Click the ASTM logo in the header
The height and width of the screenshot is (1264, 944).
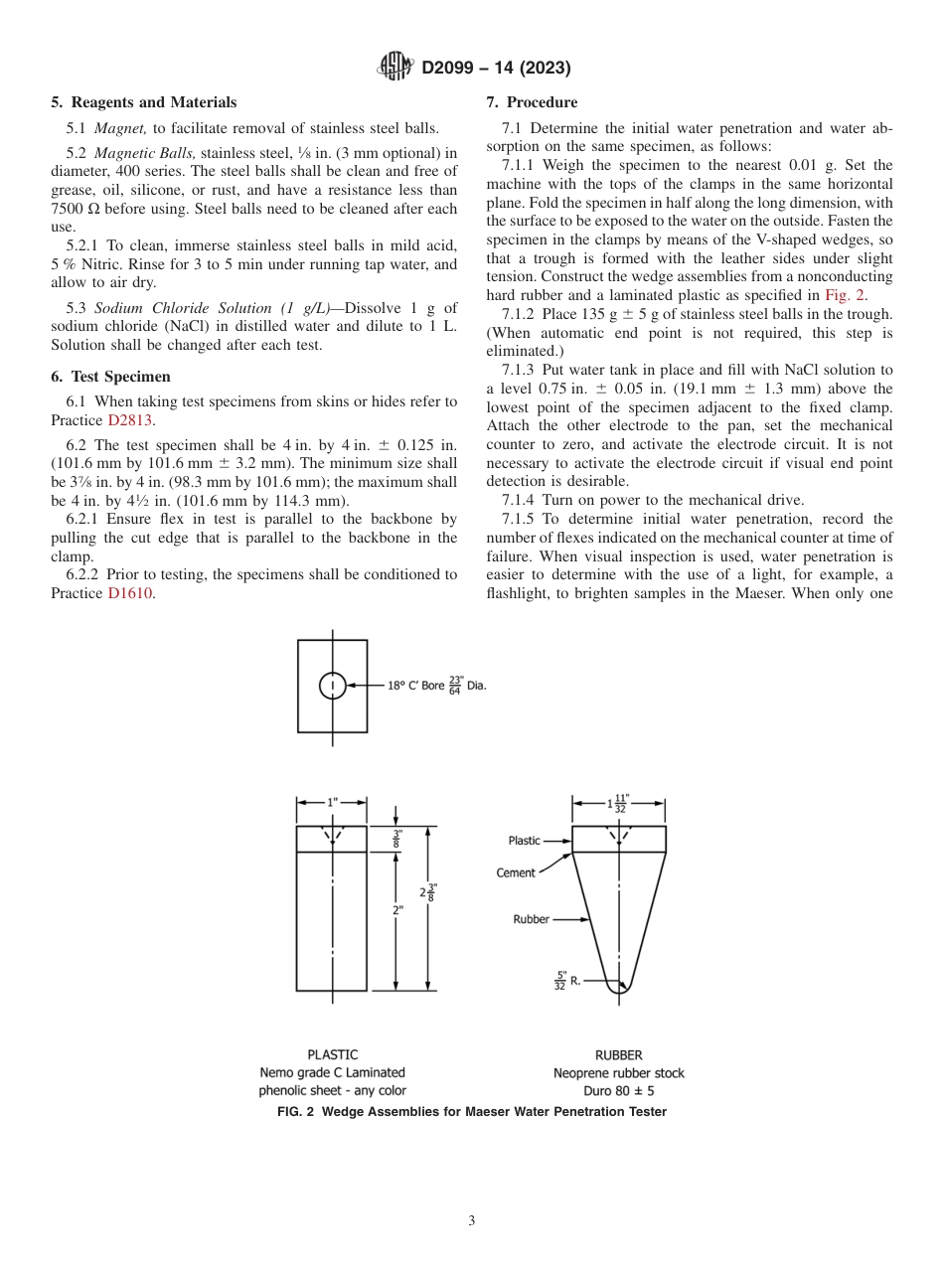point(396,68)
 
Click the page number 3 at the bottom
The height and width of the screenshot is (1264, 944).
point(472,1220)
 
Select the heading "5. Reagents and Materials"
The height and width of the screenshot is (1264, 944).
point(144,102)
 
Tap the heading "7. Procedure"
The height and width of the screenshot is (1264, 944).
point(532,102)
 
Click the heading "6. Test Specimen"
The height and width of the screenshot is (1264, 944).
point(110,377)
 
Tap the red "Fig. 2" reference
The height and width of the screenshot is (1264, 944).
point(846,295)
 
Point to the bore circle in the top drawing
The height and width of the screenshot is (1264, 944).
point(332,686)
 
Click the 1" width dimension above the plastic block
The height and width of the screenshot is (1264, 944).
point(332,802)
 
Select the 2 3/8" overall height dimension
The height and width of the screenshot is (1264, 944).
point(428,892)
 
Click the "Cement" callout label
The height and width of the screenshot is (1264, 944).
point(516,872)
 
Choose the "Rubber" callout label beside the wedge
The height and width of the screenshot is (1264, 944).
point(531,919)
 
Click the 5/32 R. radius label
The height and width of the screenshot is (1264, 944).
point(567,984)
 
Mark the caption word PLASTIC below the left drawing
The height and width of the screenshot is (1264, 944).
point(332,1054)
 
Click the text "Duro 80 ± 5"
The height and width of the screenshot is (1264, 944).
point(618,1090)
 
